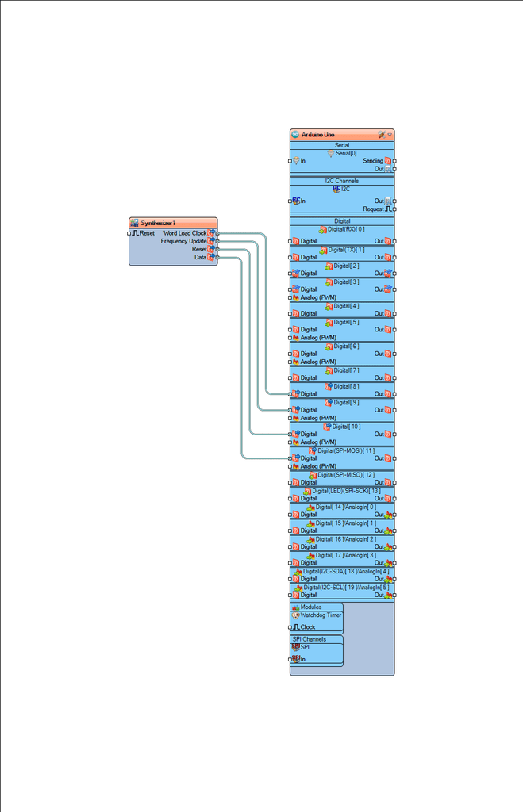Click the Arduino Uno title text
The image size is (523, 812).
pos(317,135)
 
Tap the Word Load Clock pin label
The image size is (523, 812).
pos(184,233)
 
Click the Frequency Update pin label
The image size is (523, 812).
pos(183,241)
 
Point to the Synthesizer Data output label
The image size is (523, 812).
pos(200,257)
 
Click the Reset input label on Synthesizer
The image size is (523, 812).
pos(147,233)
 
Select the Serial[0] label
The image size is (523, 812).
pos(346,153)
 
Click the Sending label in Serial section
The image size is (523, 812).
pos(372,161)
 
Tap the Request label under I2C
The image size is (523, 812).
pos(373,209)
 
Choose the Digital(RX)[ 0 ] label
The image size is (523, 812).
pos(346,229)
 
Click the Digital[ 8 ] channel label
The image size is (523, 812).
pos(346,386)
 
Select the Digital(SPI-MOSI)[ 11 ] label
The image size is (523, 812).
pos(346,450)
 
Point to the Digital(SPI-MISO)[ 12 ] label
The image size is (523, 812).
pos(346,474)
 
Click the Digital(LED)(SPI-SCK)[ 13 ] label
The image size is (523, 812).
pos(346,491)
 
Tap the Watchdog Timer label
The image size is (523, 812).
pos(321,615)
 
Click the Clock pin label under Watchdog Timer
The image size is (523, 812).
pos(307,627)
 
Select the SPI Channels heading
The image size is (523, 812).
pos(309,639)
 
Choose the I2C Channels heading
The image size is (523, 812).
pos(342,181)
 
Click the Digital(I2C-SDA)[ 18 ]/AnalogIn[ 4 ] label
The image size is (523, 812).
pos(346,571)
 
